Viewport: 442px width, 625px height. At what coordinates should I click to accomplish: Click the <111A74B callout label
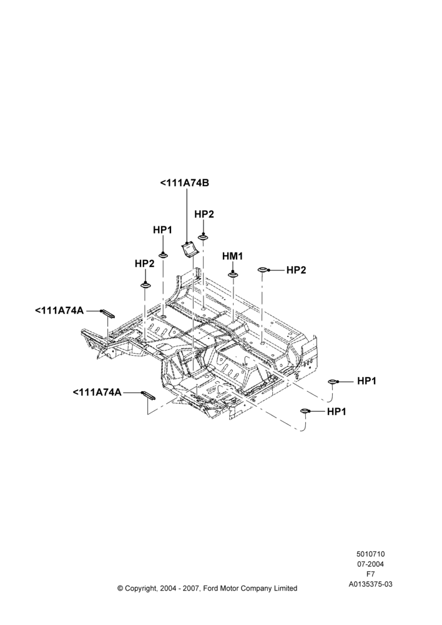(185, 183)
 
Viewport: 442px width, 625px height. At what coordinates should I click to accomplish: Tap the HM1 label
(232, 256)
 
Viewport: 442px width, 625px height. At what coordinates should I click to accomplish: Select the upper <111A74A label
(60, 310)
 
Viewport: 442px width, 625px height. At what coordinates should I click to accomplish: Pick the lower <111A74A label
(97, 392)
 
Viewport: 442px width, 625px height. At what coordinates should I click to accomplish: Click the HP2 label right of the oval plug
(297, 270)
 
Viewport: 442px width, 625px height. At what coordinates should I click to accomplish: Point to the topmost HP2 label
(204, 214)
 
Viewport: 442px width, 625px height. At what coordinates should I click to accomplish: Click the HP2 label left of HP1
(145, 264)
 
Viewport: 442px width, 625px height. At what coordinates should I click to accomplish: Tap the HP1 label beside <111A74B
(162, 230)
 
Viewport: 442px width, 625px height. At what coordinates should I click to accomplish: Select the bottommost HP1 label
(336, 411)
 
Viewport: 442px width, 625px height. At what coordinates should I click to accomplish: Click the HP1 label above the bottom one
(366, 381)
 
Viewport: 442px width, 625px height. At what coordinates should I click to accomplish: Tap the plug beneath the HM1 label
(232, 275)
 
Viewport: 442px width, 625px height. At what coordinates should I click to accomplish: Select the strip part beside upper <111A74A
(107, 313)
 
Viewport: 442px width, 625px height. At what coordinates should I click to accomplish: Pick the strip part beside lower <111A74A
(148, 396)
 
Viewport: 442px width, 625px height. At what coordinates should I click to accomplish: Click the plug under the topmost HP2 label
(203, 237)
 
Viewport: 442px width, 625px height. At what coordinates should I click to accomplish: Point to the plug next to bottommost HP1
(305, 411)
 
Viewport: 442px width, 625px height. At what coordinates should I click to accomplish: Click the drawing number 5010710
(370, 554)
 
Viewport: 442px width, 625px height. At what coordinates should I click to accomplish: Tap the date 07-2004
(370, 564)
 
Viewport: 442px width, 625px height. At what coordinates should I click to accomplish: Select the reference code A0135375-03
(370, 584)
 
